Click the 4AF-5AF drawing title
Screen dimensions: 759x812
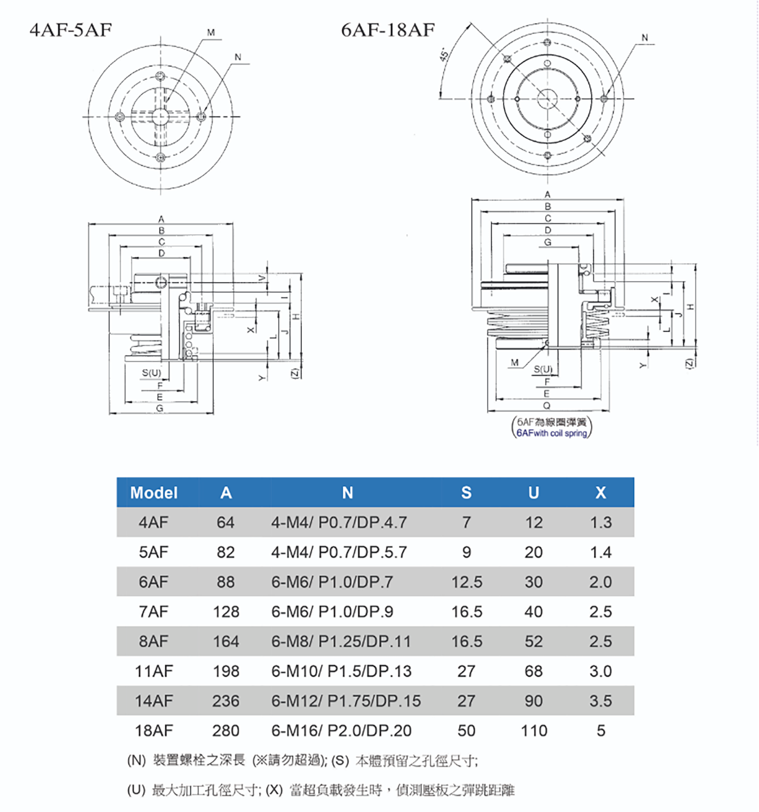point(71,30)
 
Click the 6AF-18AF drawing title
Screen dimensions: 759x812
point(388,30)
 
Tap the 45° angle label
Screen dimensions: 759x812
point(444,54)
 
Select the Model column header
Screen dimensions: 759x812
point(154,492)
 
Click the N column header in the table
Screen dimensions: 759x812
point(347,492)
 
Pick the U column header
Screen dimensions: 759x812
point(534,492)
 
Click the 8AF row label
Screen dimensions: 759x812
point(153,641)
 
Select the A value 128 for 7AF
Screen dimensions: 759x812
point(226,611)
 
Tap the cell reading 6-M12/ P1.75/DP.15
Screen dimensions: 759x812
point(346,701)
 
